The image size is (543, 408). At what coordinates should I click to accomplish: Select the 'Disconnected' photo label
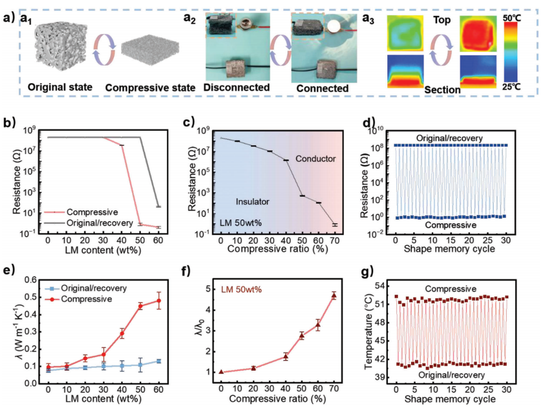(236, 87)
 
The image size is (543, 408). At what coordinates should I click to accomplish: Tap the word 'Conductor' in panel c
(317, 159)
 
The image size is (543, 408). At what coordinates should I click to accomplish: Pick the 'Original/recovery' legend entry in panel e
(95, 288)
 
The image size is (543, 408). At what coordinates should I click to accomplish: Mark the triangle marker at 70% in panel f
(334, 295)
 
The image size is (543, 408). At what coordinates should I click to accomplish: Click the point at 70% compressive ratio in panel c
(334, 224)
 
